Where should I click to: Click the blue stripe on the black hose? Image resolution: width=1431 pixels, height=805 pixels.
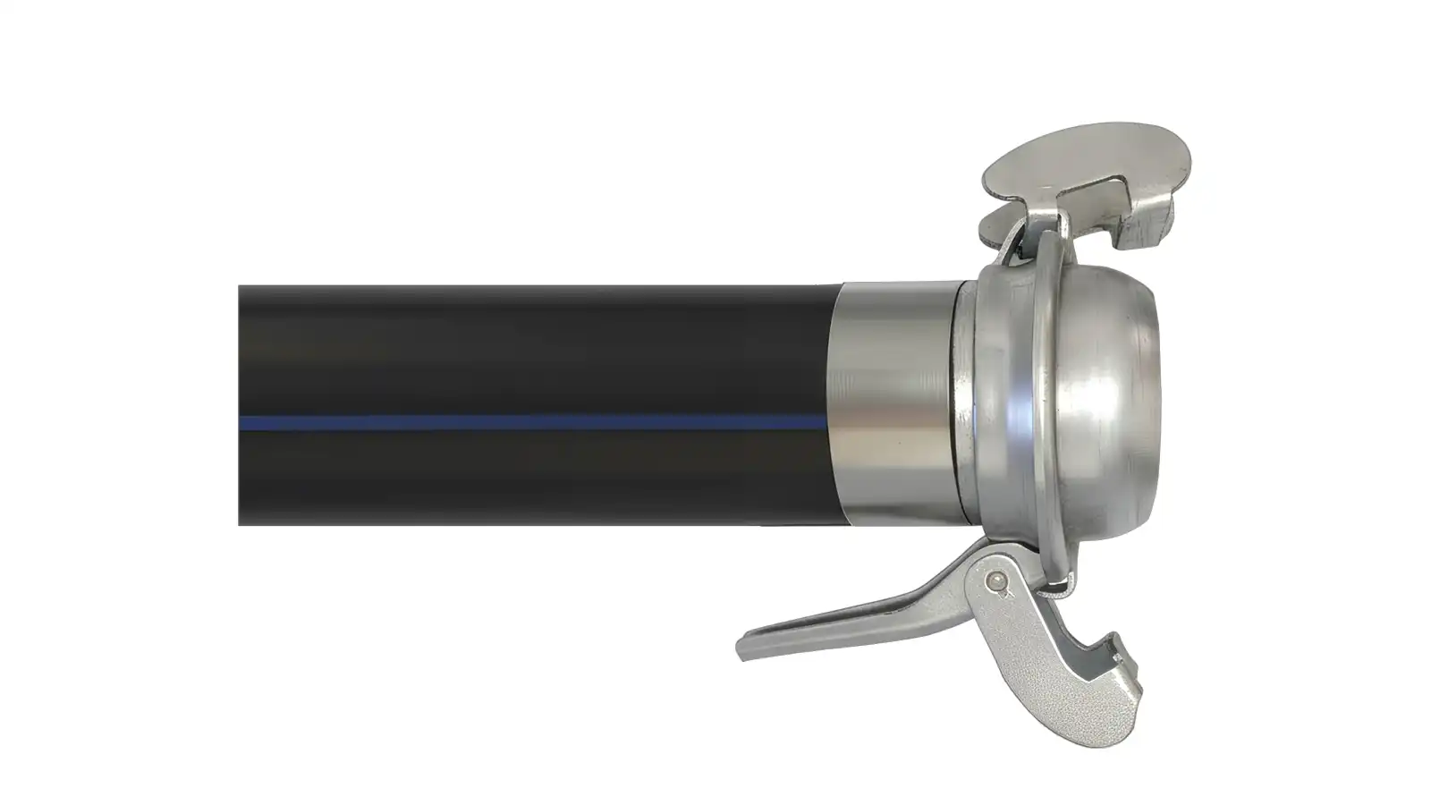pos(537,422)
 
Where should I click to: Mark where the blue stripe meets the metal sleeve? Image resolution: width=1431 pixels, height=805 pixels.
pos(827,422)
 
